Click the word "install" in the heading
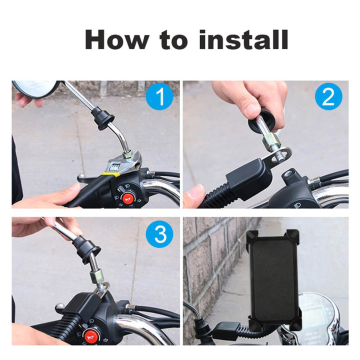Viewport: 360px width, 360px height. pos(243,39)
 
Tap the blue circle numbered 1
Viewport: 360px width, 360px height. pos(159,98)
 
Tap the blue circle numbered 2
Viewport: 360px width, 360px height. pos(328,98)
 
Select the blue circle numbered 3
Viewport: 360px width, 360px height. pos(159,234)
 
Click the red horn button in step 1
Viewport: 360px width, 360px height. pos(127,199)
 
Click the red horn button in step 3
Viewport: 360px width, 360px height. pos(91,333)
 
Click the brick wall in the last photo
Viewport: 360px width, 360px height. pos(210,260)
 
